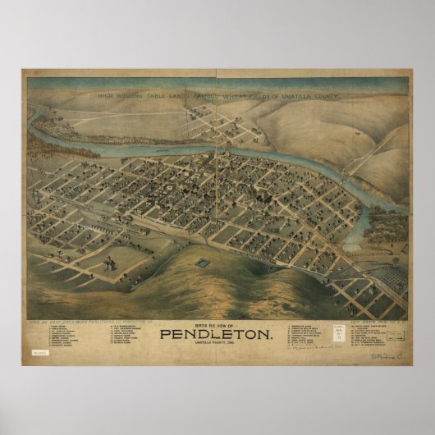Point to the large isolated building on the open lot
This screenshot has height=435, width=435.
108,266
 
